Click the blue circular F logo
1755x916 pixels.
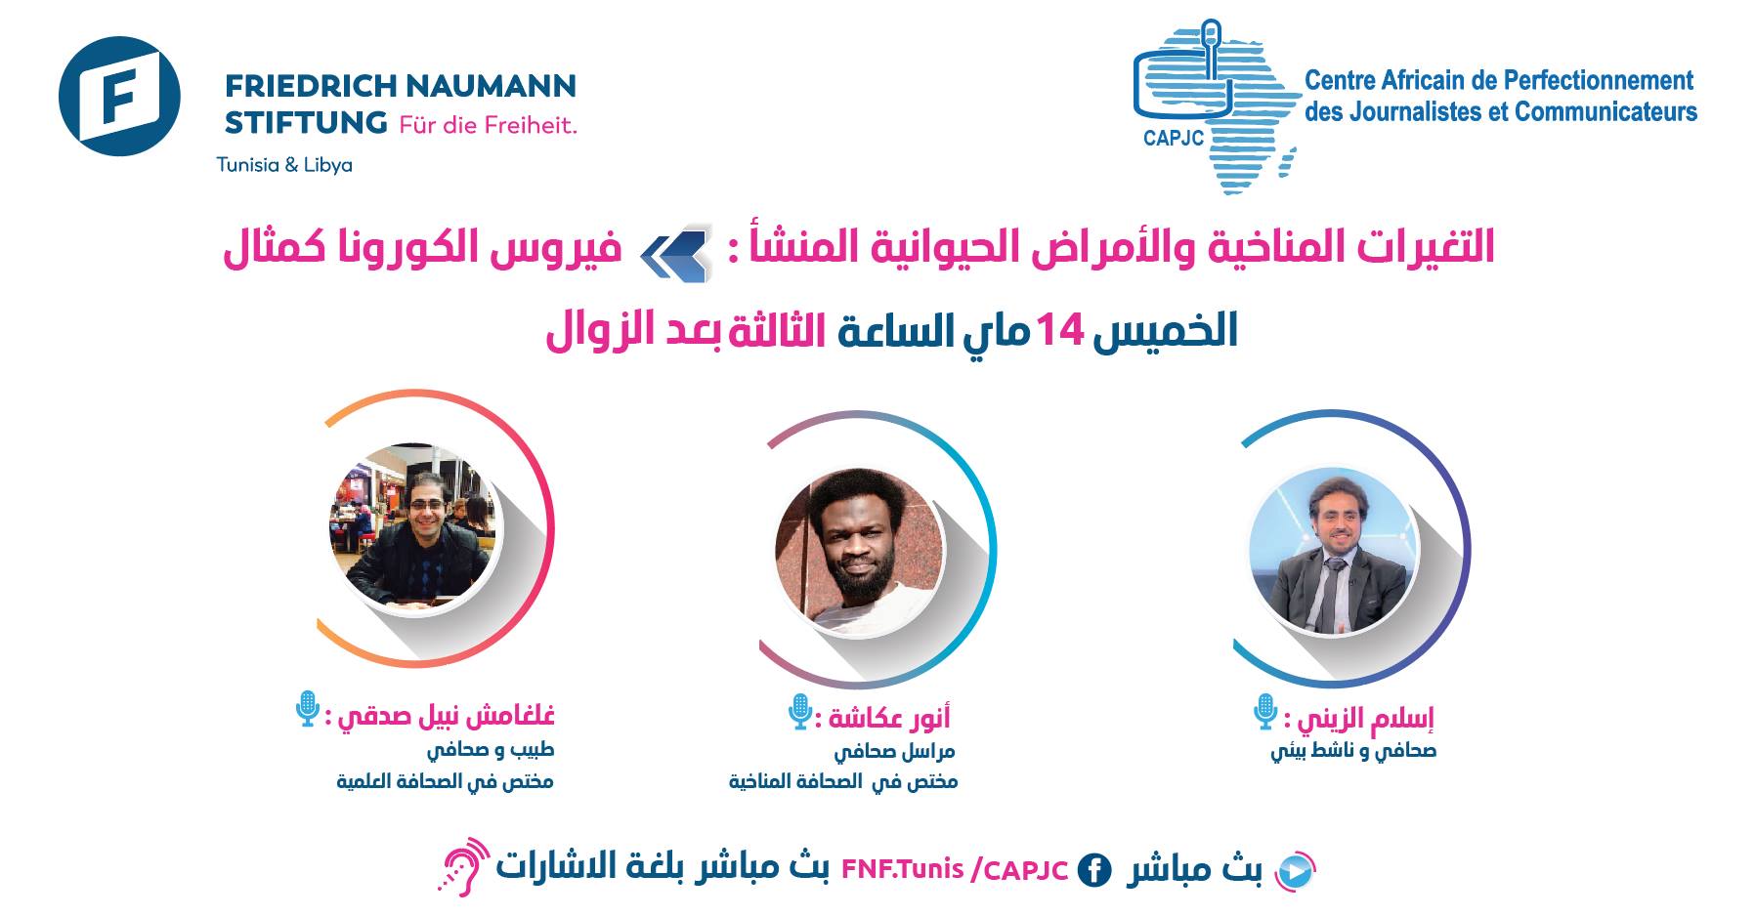tap(119, 97)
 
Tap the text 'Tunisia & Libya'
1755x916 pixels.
tap(284, 165)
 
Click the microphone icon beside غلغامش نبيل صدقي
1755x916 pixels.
tap(308, 709)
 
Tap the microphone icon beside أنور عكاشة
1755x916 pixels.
tap(800, 712)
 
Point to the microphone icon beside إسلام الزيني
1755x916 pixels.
tap(1265, 712)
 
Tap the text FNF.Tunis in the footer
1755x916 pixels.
tap(902, 868)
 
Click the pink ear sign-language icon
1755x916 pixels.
tap(463, 865)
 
